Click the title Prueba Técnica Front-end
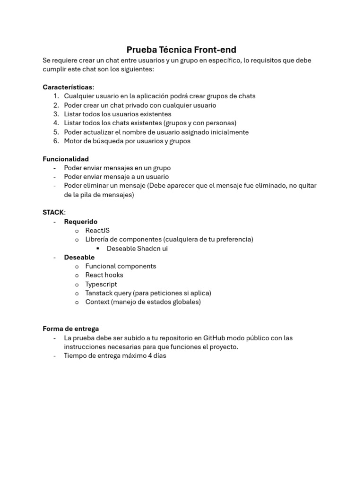pyautogui.click(x=181, y=50)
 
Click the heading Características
pyautogui.click(x=68, y=87)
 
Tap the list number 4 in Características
pyautogui.click(x=56, y=123)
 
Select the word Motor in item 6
pyautogui.click(x=73, y=141)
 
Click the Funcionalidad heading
pyautogui.click(x=66, y=159)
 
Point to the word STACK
pyautogui.click(x=53, y=212)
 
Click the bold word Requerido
pyautogui.click(x=81, y=221)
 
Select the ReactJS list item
pyautogui.click(x=97, y=230)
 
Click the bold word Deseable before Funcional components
pyautogui.click(x=79, y=257)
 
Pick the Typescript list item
pyautogui.click(x=101, y=284)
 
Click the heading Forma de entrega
pyautogui.click(x=71, y=328)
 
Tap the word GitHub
pyautogui.click(x=216, y=338)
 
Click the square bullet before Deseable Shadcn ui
pyautogui.click(x=98, y=249)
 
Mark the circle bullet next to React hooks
pyautogui.click(x=77, y=275)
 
